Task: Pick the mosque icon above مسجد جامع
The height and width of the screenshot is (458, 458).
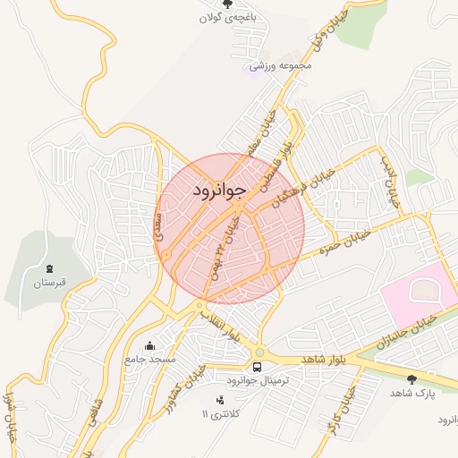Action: [x=149, y=344]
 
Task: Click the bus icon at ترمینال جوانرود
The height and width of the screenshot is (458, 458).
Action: [x=258, y=367]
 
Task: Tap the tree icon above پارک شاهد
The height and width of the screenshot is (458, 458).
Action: [x=411, y=379]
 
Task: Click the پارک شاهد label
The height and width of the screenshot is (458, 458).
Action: [x=411, y=394]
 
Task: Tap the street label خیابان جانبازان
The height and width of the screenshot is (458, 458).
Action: [x=405, y=329]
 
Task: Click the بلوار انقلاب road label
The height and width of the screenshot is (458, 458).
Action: [x=220, y=327]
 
